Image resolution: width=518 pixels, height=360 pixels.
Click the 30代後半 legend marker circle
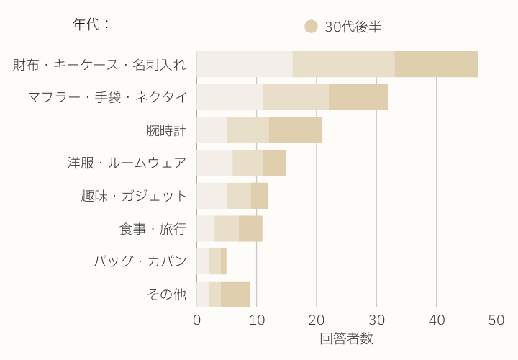tap(311, 27)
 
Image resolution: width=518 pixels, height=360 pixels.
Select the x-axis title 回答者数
tap(346, 338)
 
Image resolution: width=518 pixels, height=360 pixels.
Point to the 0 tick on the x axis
tap(197, 320)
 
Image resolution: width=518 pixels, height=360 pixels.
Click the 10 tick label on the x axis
tap(257, 320)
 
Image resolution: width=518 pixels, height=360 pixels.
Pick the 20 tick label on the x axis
tap(317, 320)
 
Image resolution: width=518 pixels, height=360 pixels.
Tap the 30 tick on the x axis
tap(376, 320)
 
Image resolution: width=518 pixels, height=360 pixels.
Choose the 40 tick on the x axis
tap(436, 320)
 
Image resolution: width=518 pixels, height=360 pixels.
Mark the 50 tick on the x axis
tap(496, 320)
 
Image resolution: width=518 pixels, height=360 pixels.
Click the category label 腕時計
tap(166, 130)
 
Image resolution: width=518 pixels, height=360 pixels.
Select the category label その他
tap(166, 294)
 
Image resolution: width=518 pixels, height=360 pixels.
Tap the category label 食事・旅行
tap(153, 229)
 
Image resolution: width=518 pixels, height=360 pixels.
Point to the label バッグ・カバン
tap(140, 261)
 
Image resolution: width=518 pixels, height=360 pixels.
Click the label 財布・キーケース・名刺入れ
tap(100, 65)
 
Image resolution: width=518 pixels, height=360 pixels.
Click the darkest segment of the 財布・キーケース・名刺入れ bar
tap(437, 65)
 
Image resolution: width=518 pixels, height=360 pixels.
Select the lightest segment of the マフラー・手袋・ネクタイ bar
tap(230, 97)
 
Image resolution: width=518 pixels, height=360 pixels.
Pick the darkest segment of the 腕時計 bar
tap(296, 130)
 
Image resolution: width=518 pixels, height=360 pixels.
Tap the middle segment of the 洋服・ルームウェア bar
tap(247, 163)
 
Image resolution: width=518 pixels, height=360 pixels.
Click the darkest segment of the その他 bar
tap(236, 294)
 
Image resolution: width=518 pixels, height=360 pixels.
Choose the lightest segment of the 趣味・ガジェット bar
tap(212, 196)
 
